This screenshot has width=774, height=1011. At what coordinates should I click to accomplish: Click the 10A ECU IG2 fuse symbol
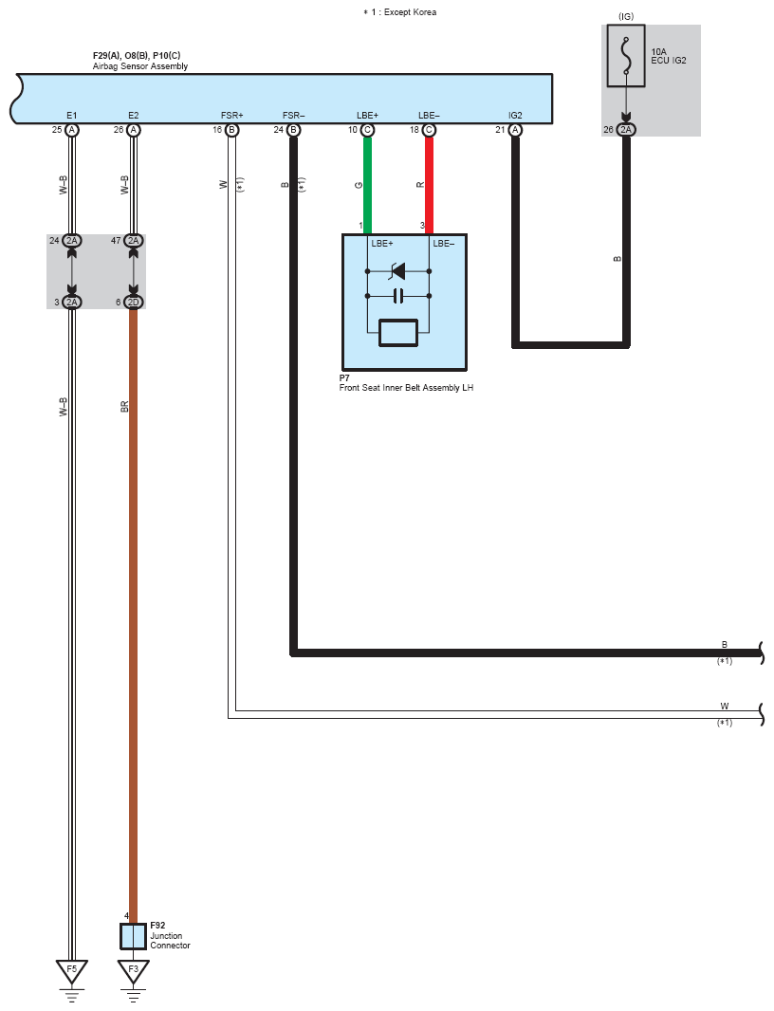(x=626, y=56)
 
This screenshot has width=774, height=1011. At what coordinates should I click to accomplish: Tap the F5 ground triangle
(x=71, y=971)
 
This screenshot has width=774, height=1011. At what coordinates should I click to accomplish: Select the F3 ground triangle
(x=134, y=971)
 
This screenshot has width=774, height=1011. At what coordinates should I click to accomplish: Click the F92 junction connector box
(x=134, y=936)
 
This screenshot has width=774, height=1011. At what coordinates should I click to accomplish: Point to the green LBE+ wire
(x=368, y=185)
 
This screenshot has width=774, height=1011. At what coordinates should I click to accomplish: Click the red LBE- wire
(x=429, y=185)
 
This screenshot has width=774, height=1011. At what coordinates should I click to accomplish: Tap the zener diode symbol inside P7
(x=398, y=271)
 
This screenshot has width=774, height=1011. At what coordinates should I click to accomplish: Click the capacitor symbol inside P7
(x=398, y=296)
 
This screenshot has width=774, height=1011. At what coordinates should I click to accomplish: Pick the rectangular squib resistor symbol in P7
(x=398, y=333)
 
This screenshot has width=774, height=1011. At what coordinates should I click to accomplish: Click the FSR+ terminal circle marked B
(x=232, y=130)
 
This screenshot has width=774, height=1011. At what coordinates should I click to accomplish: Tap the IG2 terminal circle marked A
(x=515, y=130)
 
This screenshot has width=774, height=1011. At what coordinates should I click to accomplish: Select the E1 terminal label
(x=71, y=116)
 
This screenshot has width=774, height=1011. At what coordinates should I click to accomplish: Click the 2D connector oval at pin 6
(x=134, y=302)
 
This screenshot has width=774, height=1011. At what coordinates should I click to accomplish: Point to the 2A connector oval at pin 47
(x=134, y=241)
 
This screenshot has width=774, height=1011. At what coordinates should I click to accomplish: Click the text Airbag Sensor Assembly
(x=140, y=65)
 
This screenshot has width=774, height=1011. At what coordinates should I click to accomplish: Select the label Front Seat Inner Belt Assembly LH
(x=406, y=388)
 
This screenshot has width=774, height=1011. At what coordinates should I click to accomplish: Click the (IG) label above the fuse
(x=626, y=16)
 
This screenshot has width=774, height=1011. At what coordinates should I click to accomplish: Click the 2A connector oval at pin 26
(x=626, y=130)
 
